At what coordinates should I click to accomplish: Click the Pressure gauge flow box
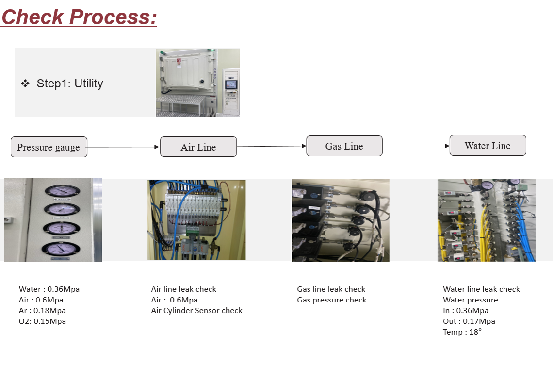click(x=49, y=147)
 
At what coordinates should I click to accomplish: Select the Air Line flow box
click(x=198, y=147)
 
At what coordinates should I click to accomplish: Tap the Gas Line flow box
click(x=344, y=146)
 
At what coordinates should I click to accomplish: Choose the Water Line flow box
click(x=488, y=146)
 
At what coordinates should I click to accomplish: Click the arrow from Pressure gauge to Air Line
click(x=123, y=147)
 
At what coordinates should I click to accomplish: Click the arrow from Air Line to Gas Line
click(x=272, y=146)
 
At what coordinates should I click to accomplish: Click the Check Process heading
click(x=79, y=17)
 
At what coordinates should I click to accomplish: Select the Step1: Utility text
click(x=70, y=84)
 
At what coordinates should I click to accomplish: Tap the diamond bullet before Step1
click(x=25, y=84)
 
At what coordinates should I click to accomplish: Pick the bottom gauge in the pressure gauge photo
click(x=61, y=249)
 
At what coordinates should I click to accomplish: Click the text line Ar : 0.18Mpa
click(x=42, y=310)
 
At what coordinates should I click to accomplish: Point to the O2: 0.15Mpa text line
click(x=42, y=321)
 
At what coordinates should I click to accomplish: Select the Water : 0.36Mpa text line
click(x=49, y=289)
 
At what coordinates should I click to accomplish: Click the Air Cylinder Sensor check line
click(x=196, y=310)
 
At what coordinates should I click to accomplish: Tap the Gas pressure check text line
click(x=332, y=300)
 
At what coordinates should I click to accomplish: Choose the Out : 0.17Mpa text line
click(x=469, y=321)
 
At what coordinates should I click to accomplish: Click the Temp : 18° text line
click(x=462, y=332)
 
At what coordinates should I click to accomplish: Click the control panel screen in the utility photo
click(x=231, y=84)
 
